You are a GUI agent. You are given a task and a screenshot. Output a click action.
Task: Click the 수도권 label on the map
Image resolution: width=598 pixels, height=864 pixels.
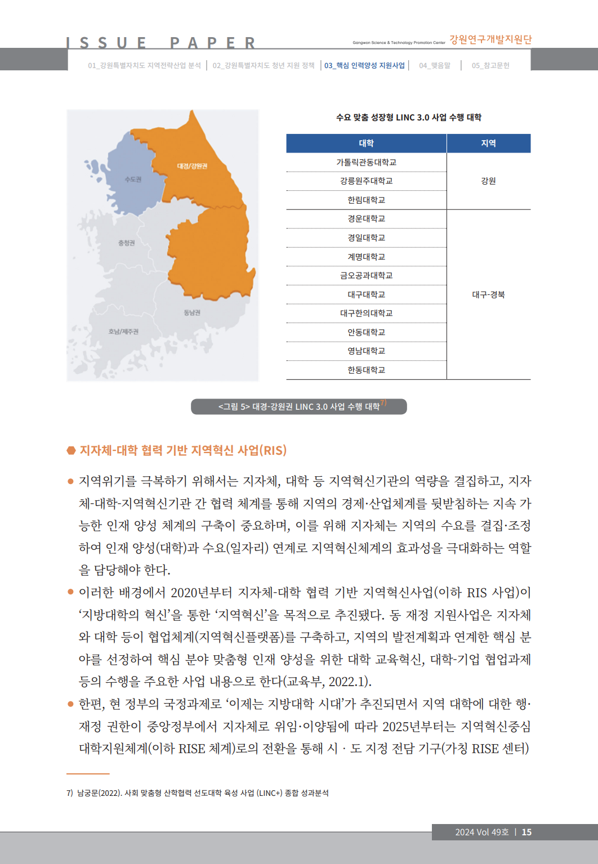(x=133, y=180)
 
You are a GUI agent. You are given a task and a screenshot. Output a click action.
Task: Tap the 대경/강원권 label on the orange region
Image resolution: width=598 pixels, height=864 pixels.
(x=192, y=166)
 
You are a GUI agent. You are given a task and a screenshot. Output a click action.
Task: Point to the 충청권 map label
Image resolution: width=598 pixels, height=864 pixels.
(x=126, y=243)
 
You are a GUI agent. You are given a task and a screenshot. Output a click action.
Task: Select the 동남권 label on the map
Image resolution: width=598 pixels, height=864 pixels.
(x=192, y=312)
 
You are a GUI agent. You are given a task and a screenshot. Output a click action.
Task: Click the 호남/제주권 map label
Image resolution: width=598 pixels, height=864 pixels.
(x=123, y=332)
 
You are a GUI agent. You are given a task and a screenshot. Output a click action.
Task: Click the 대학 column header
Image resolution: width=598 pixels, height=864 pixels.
(x=366, y=144)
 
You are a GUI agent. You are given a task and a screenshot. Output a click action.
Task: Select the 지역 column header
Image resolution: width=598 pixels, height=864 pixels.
(x=488, y=144)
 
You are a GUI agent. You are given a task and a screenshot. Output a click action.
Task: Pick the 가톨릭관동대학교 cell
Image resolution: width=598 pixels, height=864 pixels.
(x=366, y=162)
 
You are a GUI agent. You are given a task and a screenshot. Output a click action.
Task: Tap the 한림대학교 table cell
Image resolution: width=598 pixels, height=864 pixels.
(x=366, y=200)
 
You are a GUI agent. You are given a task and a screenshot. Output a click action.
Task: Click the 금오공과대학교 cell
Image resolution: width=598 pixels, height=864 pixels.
(x=366, y=275)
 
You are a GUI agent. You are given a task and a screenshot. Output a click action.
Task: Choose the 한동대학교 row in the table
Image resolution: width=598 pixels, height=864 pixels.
(x=366, y=370)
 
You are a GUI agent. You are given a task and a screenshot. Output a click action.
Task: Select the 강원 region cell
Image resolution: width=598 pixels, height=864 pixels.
(x=488, y=181)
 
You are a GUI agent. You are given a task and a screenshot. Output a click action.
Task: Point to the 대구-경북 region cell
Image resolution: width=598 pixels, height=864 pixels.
(x=488, y=294)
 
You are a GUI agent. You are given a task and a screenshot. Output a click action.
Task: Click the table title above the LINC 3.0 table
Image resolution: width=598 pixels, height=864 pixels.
(x=408, y=118)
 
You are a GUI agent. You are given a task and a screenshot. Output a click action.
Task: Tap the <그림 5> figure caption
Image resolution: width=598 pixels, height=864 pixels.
(x=299, y=406)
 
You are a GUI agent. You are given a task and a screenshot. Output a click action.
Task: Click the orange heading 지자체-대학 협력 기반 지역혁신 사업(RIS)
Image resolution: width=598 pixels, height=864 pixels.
(x=183, y=450)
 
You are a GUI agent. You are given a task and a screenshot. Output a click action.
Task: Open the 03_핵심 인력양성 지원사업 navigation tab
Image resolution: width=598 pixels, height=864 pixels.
(x=364, y=65)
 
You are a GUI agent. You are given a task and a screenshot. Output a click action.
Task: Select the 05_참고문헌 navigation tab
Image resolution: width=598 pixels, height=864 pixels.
(x=490, y=65)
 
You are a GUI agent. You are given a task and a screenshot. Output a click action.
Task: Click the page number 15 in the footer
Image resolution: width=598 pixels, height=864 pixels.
(x=526, y=832)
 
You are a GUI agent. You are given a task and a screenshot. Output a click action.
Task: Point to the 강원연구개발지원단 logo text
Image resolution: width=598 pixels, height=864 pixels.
(x=490, y=39)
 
